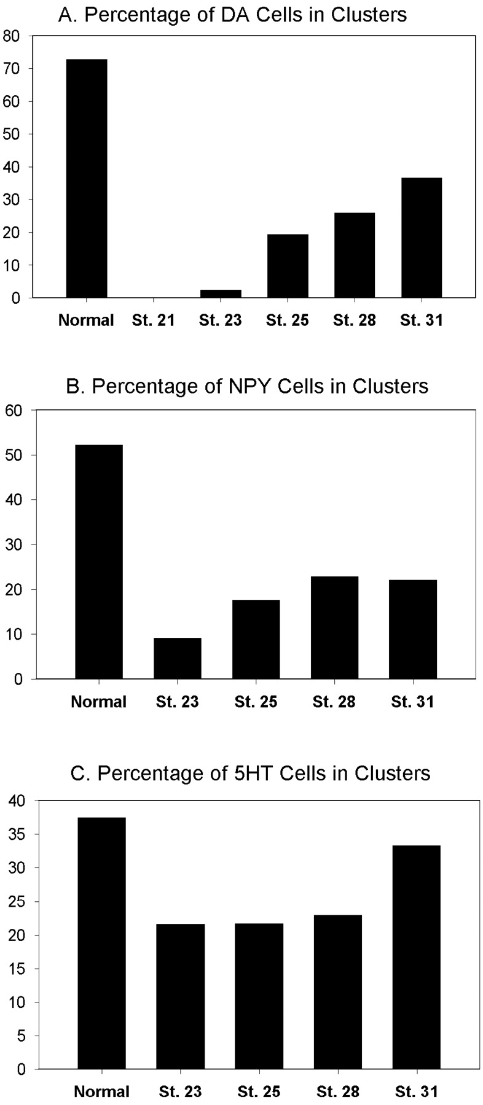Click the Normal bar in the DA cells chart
pyautogui.click(x=87, y=178)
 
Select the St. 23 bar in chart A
pyautogui.click(x=221, y=293)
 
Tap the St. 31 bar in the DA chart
pyautogui.click(x=421, y=238)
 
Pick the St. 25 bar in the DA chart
pyautogui.click(x=288, y=266)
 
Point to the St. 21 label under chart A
pyautogui.click(x=153, y=320)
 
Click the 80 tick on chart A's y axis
pyautogui.click(x=20, y=36)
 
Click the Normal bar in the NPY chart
pyautogui.click(x=98, y=562)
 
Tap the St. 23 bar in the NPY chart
pyautogui.click(x=178, y=658)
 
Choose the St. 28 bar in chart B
pyautogui.click(x=334, y=627)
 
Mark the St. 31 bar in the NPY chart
pyautogui.click(x=413, y=629)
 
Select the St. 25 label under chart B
pyautogui.click(x=256, y=702)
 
